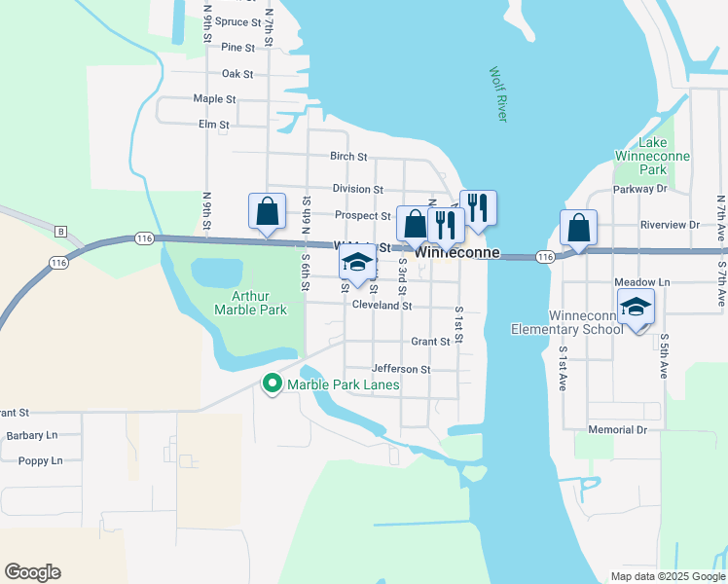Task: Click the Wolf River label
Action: (x=498, y=94)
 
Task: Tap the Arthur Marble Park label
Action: (x=251, y=303)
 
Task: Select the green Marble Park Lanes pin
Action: (x=273, y=385)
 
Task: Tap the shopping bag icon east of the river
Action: (x=578, y=230)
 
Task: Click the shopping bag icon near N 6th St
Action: (x=267, y=211)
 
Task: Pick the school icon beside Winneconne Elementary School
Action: (x=637, y=308)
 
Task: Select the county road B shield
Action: (x=60, y=231)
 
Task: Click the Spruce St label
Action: (x=238, y=21)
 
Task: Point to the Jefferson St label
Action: (x=400, y=370)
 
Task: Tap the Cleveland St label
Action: (x=382, y=306)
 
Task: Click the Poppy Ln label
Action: (x=41, y=460)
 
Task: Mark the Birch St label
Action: (x=348, y=156)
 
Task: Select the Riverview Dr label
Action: (x=670, y=225)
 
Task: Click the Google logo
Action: (x=32, y=572)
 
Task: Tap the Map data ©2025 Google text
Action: (x=666, y=575)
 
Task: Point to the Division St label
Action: (x=357, y=189)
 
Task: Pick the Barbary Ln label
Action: (x=31, y=436)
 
